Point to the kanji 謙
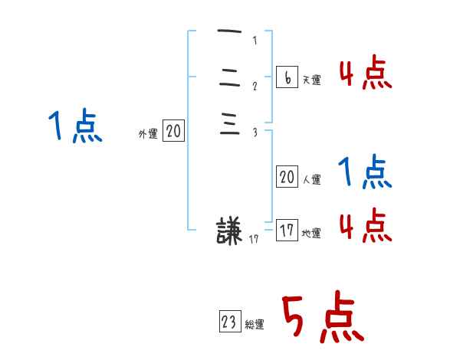tap(229, 231)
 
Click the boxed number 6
tap(286, 77)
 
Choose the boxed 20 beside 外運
tap(173, 132)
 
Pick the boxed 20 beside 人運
tap(287, 177)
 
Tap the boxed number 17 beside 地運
tap(287, 231)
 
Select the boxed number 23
tap(229, 322)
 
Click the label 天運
tap(311, 80)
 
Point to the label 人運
tap(311, 180)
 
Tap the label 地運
tap(311, 234)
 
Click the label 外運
tap(148, 134)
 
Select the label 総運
tap(255, 325)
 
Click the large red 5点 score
tap(322, 318)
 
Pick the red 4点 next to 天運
tap(366, 75)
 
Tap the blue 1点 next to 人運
tap(366, 173)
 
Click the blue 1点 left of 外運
tap(74, 126)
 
